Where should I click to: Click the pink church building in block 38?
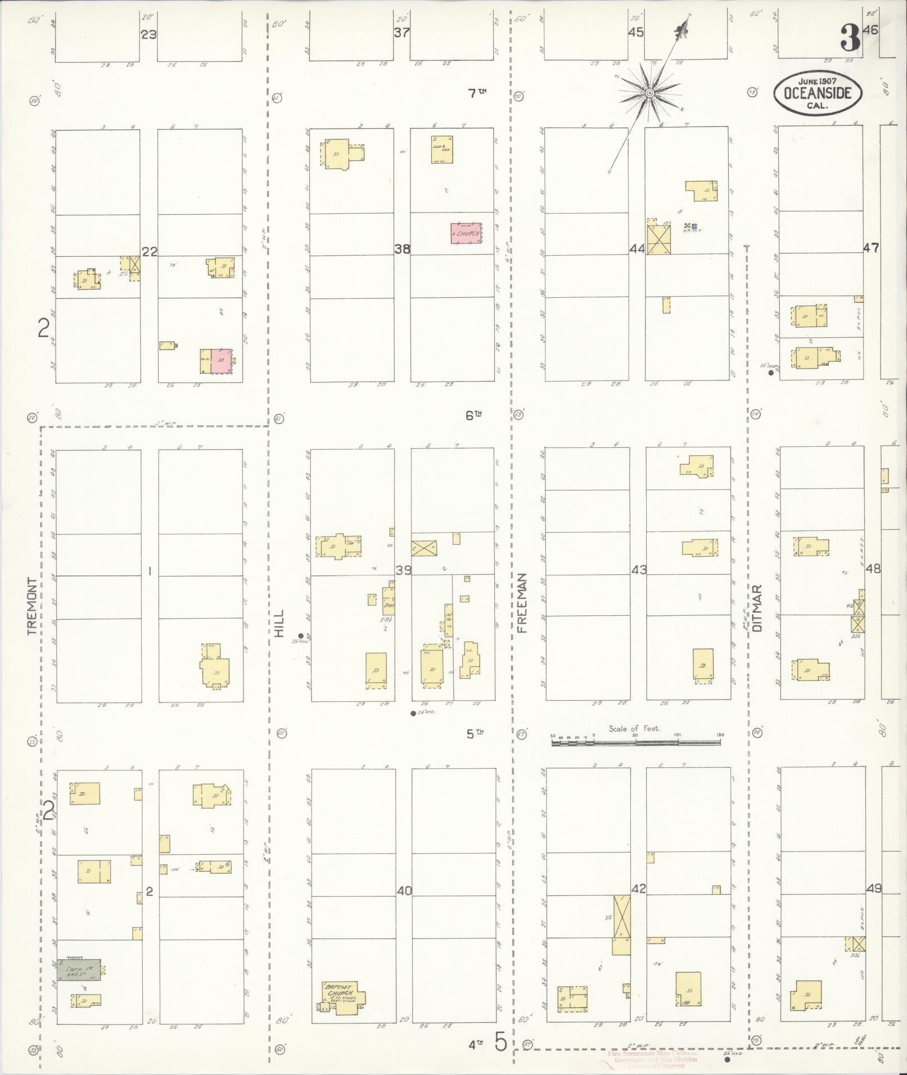[x=466, y=233]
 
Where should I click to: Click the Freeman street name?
[x=522, y=603]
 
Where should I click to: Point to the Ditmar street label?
[x=758, y=608]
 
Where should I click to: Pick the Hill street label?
[x=279, y=623]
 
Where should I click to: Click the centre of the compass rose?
[x=649, y=93]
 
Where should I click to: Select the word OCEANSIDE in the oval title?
[x=817, y=93]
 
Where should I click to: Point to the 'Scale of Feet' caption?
[x=634, y=729]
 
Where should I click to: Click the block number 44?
[x=637, y=248]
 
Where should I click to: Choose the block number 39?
[x=403, y=570]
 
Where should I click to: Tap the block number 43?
[x=638, y=570]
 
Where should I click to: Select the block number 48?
[x=873, y=568]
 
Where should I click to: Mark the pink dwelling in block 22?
[x=221, y=361]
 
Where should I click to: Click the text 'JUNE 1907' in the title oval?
[x=817, y=81]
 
